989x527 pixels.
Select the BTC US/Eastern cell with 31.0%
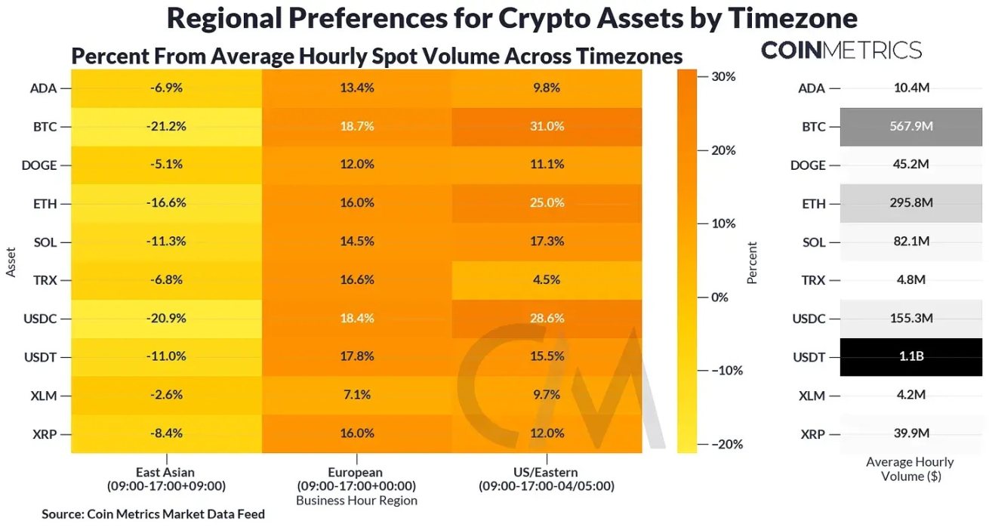click(x=546, y=126)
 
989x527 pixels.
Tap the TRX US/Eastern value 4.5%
click(x=546, y=280)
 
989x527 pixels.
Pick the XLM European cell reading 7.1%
click(x=357, y=396)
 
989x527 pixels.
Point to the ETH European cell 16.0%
click(x=357, y=203)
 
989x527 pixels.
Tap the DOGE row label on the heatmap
click(x=42, y=165)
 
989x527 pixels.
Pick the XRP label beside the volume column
click(x=812, y=434)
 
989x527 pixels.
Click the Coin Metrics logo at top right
click(x=841, y=51)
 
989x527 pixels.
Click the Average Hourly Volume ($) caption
click(x=910, y=469)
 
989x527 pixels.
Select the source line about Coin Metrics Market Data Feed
click(x=153, y=514)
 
